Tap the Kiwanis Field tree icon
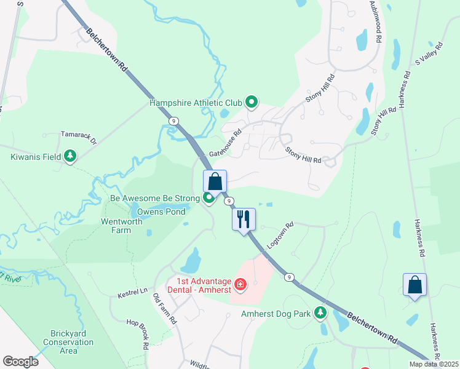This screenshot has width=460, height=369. tap(71, 157)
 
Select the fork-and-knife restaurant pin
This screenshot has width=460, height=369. tap(244, 219)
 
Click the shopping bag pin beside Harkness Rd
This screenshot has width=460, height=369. tap(414, 285)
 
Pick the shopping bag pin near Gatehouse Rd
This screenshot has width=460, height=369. tap(215, 181)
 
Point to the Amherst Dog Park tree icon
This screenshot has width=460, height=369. tap(320, 314)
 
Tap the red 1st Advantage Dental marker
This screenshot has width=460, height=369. tap(240, 284)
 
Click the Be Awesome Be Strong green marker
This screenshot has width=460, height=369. tap(209, 198)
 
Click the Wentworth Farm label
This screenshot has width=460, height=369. tap(117, 226)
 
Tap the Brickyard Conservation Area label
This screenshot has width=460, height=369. tap(69, 342)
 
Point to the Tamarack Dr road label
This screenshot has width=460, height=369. tap(79, 137)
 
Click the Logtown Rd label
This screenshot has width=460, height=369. tap(282, 233)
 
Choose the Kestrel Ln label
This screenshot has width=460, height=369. tap(133, 293)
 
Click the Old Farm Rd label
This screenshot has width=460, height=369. tap(165, 309)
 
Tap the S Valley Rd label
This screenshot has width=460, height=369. tap(429, 53)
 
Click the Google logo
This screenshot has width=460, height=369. tap(20, 361)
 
